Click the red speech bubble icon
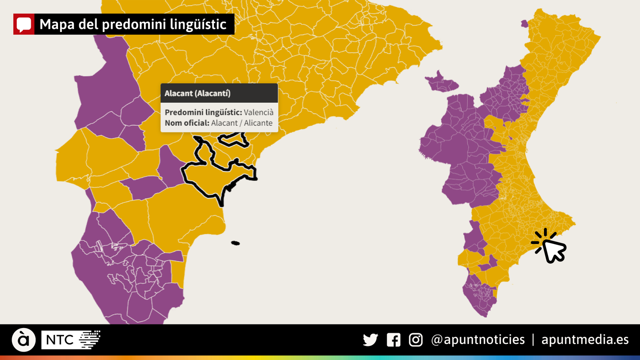(24, 24)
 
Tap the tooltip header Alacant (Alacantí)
(198, 93)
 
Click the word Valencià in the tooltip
(258, 112)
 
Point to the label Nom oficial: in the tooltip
(187, 123)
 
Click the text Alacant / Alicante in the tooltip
(242, 123)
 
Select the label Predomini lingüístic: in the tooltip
(203, 112)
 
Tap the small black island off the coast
(236, 243)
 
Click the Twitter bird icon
(370, 340)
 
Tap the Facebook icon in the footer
(394, 340)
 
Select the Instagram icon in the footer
(416, 340)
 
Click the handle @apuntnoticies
(478, 340)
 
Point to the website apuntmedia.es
(585, 340)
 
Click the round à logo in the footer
(24, 340)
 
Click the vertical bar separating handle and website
(533, 340)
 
